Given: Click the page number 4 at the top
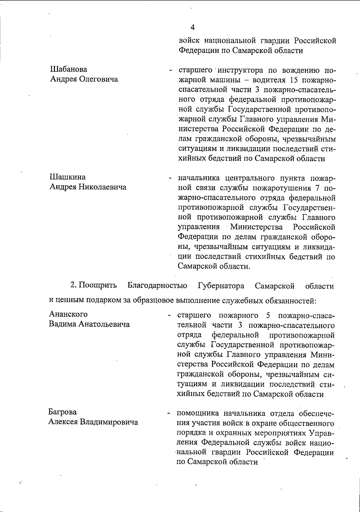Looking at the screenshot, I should [193, 28].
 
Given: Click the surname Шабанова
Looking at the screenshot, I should [68, 69].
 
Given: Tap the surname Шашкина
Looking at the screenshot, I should [67, 177].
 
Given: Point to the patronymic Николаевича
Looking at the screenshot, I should [102, 187].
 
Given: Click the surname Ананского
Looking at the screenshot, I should [68, 314].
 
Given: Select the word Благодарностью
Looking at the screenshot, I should [158, 286].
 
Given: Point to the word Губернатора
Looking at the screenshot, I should [221, 286].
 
